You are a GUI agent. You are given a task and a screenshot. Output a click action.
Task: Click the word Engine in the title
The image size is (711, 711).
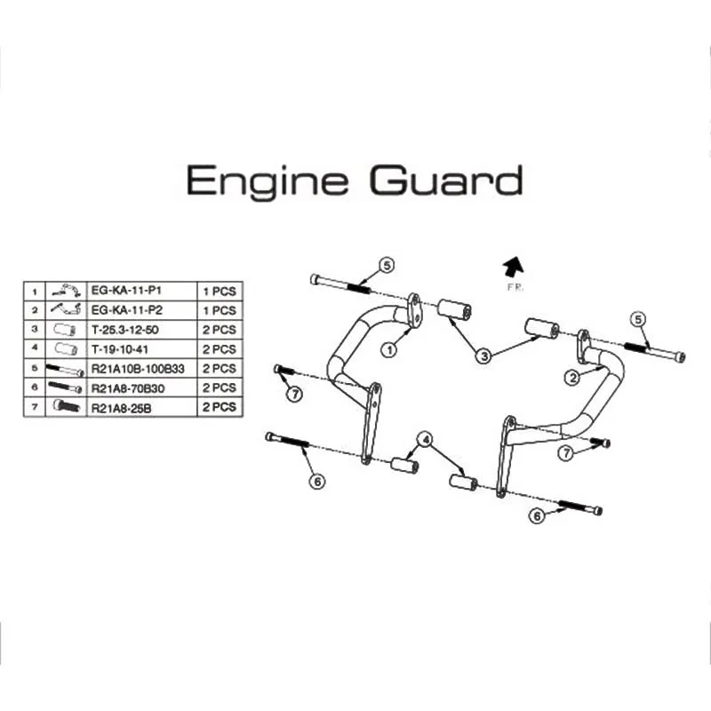point(268,180)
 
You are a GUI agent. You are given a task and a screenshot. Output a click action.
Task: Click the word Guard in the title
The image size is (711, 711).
point(447,180)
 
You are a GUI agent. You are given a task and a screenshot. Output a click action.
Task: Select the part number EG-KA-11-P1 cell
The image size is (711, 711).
point(141,291)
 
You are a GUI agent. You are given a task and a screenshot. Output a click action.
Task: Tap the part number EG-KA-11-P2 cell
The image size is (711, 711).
point(141,310)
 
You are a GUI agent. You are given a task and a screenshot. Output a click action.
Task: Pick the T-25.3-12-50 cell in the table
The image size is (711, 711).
point(141,330)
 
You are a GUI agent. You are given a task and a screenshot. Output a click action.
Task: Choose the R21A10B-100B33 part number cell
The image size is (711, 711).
point(141,369)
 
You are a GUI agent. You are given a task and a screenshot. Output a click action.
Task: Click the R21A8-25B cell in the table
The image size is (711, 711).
point(141,408)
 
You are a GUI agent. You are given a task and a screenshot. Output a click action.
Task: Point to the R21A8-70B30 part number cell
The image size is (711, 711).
point(141,388)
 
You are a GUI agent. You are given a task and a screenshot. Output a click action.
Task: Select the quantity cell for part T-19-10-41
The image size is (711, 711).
point(220,349)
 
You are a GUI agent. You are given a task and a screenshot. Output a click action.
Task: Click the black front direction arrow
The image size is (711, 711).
point(514,267)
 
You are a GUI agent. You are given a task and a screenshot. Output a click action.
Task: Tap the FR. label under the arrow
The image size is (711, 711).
point(515,287)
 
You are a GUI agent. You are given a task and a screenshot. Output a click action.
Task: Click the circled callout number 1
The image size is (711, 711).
point(389,350)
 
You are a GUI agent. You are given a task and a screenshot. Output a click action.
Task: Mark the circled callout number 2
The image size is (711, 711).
point(573,377)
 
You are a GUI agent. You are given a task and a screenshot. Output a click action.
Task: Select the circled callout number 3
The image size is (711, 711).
point(484,356)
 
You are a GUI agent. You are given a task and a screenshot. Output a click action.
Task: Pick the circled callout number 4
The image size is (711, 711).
point(426,439)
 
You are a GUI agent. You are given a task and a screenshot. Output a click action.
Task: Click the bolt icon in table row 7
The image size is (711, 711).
point(66,405)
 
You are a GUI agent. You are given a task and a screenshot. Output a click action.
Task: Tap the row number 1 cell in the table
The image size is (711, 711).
point(35,292)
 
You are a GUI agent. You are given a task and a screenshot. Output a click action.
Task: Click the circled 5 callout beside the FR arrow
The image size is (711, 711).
point(387,265)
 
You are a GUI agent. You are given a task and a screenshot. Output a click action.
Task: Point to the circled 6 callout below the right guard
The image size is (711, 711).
point(538,515)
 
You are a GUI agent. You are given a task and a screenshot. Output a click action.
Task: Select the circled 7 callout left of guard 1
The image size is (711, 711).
point(295,394)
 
